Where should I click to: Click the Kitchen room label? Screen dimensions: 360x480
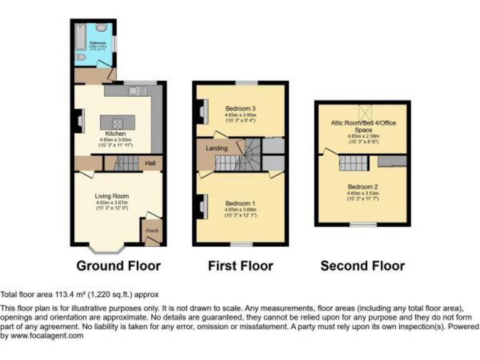pyautogui.click(x=116, y=134)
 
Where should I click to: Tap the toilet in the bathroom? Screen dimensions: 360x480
pyautogui.click(x=79, y=57)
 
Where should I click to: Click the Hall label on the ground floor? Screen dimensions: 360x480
pyautogui.click(x=150, y=163)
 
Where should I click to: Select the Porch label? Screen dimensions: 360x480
pyautogui.click(x=152, y=230)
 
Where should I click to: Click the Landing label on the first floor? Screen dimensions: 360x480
pyautogui.click(x=216, y=148)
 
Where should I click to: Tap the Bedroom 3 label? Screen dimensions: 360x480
pyautogui.click(x=241, y=108)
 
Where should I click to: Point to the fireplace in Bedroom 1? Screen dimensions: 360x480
pyautogui.click(x=202, y=207)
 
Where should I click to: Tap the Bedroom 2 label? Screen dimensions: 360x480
pyautogui.click(x=362, y=186)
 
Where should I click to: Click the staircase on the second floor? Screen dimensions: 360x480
pyautogui.click(x=351, y=164)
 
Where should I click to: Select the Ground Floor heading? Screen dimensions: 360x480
pyautogui.click(x=118, y=266)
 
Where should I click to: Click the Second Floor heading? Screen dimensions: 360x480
pyautogui.click(x=362, y=266)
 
